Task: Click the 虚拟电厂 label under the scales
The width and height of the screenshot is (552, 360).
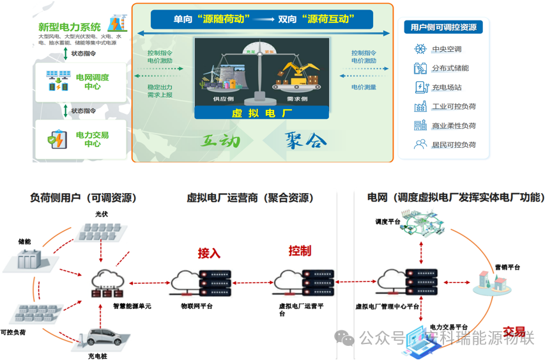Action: point(262,111)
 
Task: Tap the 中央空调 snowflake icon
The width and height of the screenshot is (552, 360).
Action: point(420,49)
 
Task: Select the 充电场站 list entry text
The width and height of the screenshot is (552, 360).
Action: point(447,88)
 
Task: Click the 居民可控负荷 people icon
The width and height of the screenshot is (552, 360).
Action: point(420,145)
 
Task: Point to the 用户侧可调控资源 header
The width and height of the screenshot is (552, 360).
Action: point(443,27)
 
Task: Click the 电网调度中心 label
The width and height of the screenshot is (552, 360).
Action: point(92,82)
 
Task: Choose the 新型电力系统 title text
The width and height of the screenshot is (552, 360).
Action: point(69,27)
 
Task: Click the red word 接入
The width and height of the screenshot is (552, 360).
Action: point(209,253)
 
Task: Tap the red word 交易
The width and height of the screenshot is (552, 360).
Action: point(514,331)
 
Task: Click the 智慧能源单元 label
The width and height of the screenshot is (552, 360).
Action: point(132,306)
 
